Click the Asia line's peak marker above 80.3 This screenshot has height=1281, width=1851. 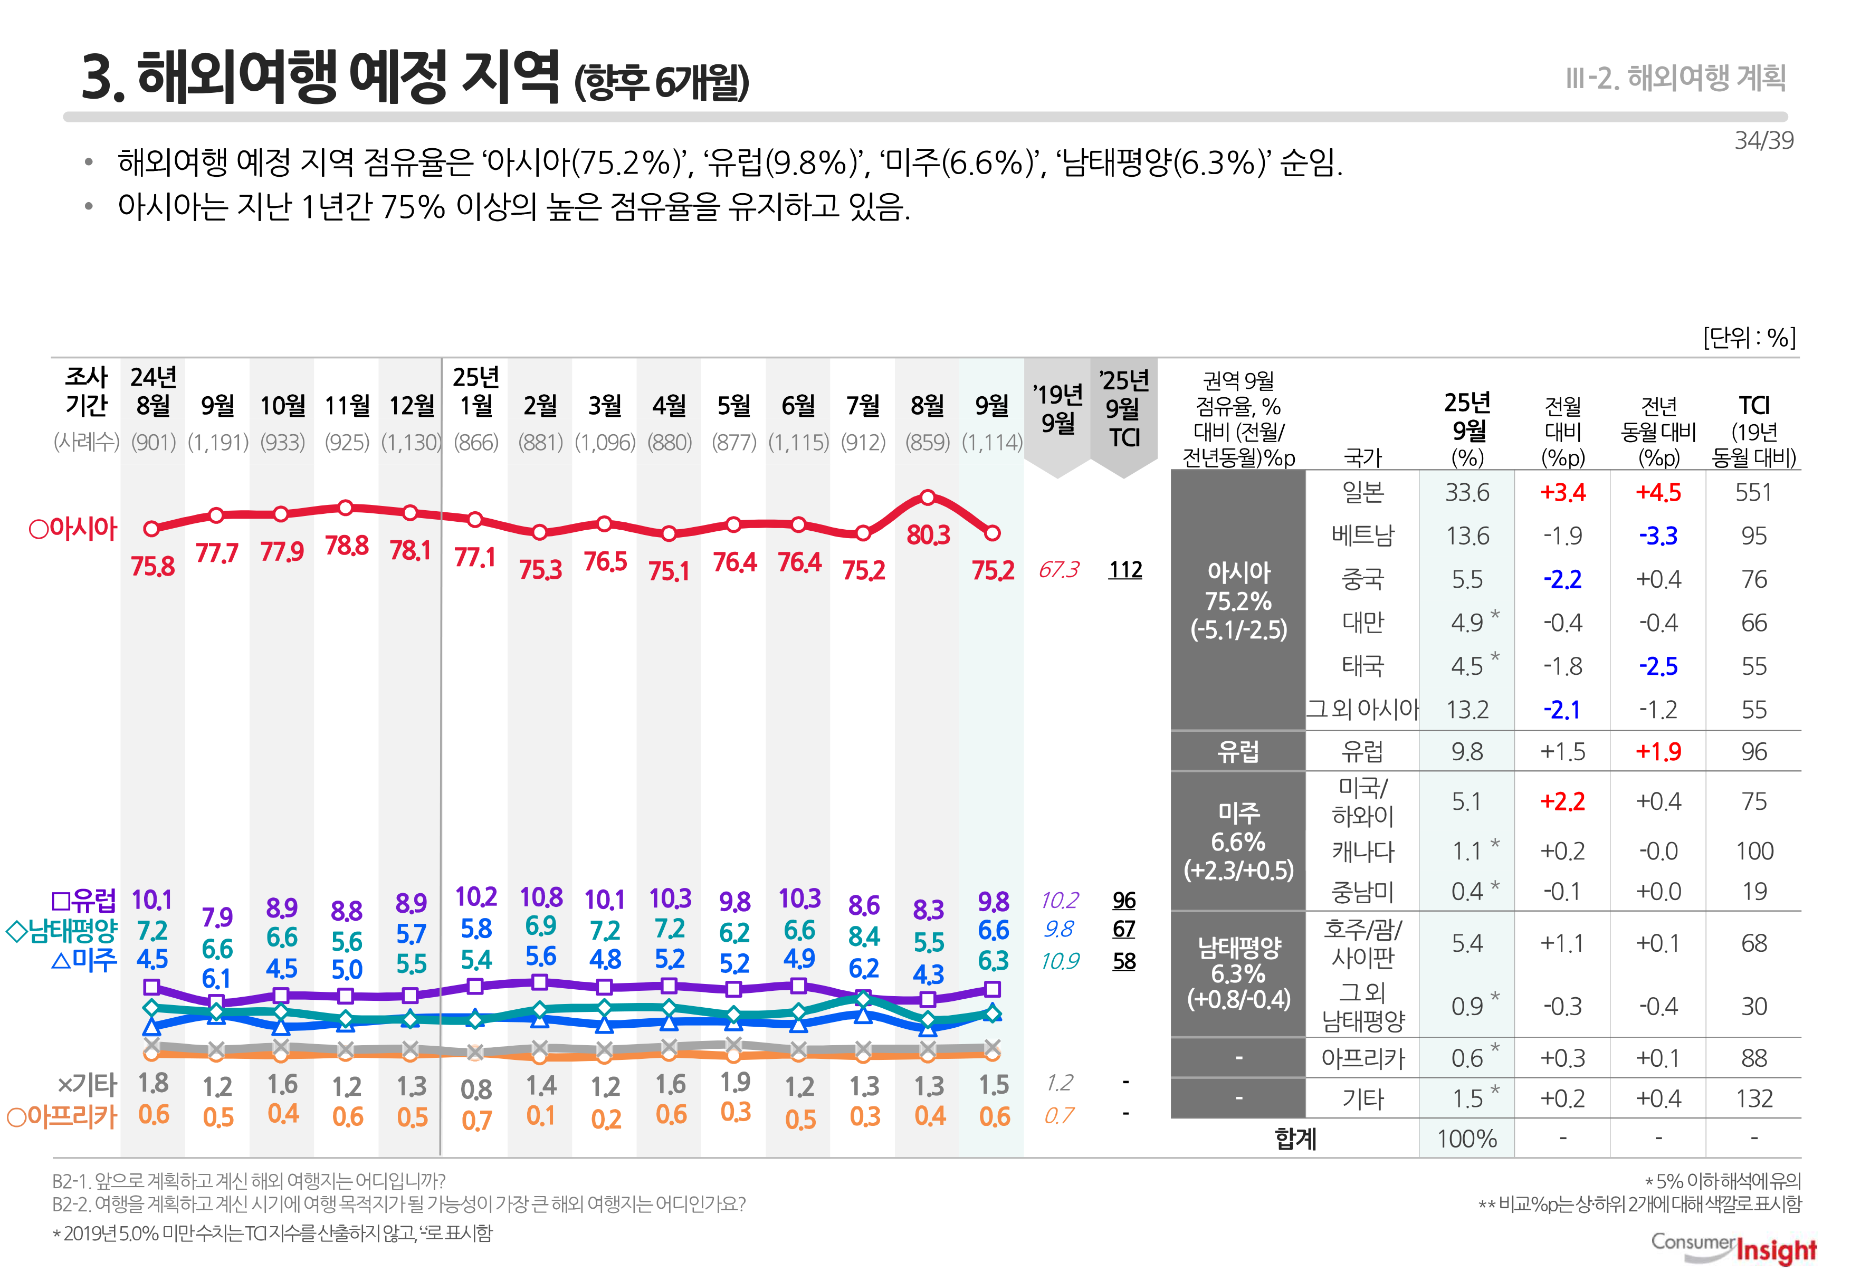click(x=927, y=498)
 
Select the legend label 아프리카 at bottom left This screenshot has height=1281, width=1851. click(x=63, y=1116)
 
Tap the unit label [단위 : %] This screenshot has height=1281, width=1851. click(x=1749, y=338)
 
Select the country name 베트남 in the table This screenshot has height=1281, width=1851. click(x=1362, y=536)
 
